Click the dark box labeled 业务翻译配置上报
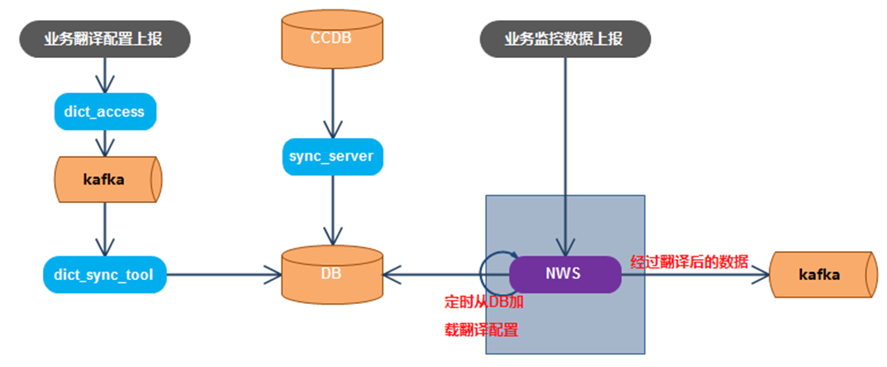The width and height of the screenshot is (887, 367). pos(104,39)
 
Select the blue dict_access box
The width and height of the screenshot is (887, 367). pos(104,111)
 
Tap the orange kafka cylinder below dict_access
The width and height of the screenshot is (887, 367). pos(104,179)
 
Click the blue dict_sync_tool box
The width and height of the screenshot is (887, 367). pos(104,275)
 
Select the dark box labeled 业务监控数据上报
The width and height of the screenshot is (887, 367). pos(566,39)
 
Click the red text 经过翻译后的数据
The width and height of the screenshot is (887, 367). pos(690,261)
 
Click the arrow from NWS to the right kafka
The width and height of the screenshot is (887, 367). pos(693,275)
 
